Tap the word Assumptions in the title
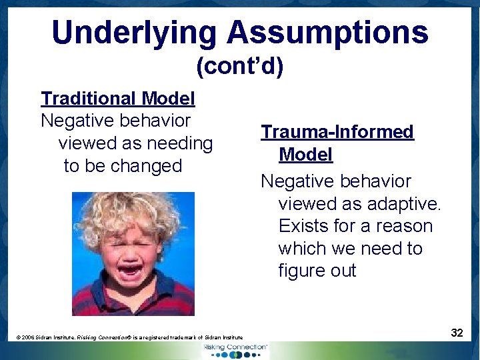[327, 32]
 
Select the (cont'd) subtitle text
[239, 66]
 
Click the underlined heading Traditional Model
[118, 99]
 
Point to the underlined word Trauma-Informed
[337, 132]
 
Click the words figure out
[317, 271]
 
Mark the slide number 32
[457, 332]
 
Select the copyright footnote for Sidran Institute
[129, 338]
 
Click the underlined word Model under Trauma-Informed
[305, 155]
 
